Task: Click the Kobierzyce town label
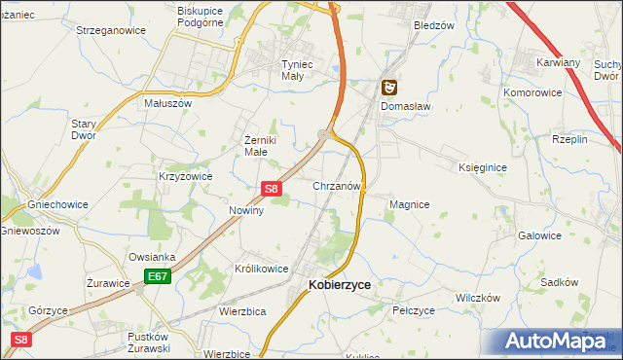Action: (339, 285)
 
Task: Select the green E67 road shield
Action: (158, 278)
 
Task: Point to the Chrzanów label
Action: (338, 185)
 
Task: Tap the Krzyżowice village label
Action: (185, 177)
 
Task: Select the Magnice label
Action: (409, 205)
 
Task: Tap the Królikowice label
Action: (261, 269)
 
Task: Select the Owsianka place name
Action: (150, 258)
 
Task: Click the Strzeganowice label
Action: (111, 30)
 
